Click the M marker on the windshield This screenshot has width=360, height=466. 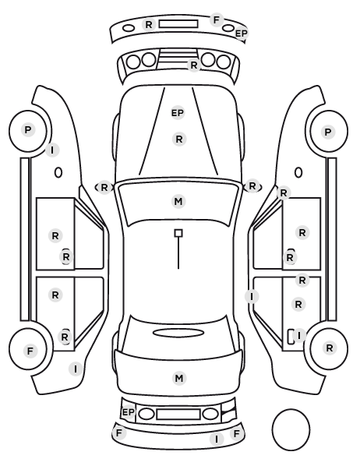coord(178,202)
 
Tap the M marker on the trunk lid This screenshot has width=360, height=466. coord(179,378)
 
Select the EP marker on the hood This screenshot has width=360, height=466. coord(178,113)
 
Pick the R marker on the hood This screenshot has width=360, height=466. coord(179,139)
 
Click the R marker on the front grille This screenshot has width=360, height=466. coord(194,65)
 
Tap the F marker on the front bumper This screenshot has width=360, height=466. coord(217,20)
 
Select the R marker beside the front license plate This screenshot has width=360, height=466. coord(149,24)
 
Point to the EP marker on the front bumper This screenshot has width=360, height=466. coord(241,34)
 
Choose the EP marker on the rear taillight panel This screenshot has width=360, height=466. coord(129,412)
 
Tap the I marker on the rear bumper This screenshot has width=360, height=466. coord(217,439)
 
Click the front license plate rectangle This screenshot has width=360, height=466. coord(178,24)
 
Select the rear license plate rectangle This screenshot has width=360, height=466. coord(178,414)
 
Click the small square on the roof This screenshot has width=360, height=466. coord(178,233)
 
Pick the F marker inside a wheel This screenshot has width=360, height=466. coord(30,351)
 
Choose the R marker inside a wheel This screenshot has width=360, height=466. coord(330,348)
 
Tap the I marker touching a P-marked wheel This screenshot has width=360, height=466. coord(53,150)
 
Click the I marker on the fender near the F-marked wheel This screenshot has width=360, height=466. coord(76,369)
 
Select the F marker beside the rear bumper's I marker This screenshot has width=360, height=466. coord(236,433)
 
